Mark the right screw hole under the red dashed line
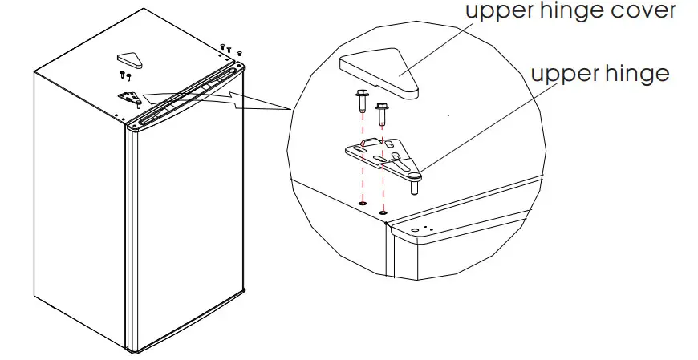[384, 213]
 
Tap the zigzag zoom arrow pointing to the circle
[241, 100]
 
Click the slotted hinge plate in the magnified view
[377, 152]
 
